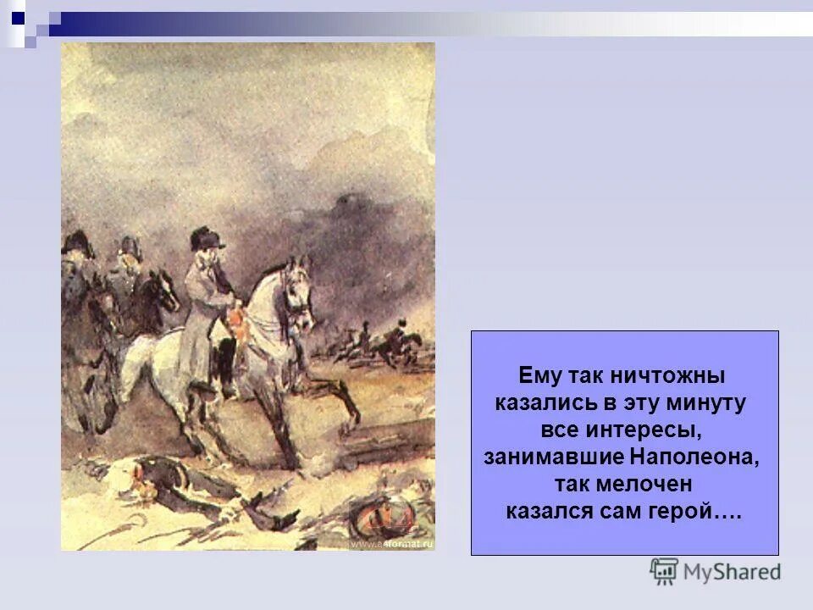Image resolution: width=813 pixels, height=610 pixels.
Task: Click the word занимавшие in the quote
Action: tap(554, 457)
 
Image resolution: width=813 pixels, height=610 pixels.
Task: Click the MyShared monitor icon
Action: tap(664, 571)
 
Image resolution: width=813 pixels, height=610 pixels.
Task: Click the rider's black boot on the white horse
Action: tap(226, 373)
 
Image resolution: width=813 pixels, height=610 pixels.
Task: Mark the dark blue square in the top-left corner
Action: tap(18, 16)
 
